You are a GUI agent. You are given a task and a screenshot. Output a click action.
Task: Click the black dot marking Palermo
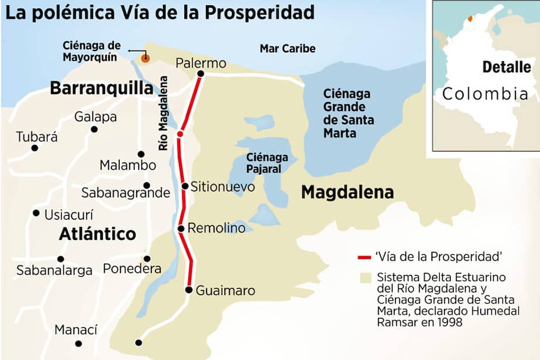pos(201,74)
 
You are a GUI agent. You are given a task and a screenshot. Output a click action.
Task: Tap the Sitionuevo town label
pos(222,187)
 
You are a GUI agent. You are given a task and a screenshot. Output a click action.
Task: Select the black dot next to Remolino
pos(181,228)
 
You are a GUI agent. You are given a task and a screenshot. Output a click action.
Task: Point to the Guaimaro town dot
pos(188,290)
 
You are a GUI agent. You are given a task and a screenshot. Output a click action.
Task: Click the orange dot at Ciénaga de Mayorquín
pos(144,58)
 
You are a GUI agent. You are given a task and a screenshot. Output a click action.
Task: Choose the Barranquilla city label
pos(101,89)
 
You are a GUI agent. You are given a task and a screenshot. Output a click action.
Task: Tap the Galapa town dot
pos(94,129)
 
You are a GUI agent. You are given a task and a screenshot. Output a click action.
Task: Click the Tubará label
pos(37,137)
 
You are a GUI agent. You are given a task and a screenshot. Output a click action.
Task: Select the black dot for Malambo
pos(141,154)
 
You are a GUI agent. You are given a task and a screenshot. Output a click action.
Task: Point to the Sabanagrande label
pos(126,193)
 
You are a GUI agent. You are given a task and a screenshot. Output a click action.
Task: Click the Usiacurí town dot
pos(36,213)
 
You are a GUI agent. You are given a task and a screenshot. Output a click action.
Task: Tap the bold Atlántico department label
pos(97,234)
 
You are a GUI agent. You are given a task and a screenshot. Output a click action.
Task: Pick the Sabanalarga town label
pos(54,271)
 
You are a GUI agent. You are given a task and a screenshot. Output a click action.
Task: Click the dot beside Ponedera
pos(147,258)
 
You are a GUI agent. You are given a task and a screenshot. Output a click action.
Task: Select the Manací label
pos(76,330)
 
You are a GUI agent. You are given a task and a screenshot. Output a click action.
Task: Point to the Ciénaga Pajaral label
pos(267,163)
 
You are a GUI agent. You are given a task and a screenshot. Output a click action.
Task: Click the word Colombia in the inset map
pos(485,94)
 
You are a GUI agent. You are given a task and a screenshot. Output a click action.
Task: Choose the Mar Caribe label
pos(288,49)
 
